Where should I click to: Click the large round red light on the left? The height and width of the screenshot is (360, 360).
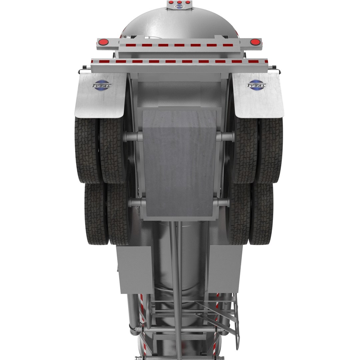point(103,42)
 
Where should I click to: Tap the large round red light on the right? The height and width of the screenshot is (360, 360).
point(255,42)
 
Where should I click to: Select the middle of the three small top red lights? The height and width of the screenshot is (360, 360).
point(179,2)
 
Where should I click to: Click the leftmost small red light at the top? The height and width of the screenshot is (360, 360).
point(171,2)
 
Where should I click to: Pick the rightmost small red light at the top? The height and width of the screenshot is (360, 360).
point(188,2)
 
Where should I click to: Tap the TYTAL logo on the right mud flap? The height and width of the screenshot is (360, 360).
point(257,85)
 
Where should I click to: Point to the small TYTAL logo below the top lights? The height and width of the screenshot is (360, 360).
point(179,6)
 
